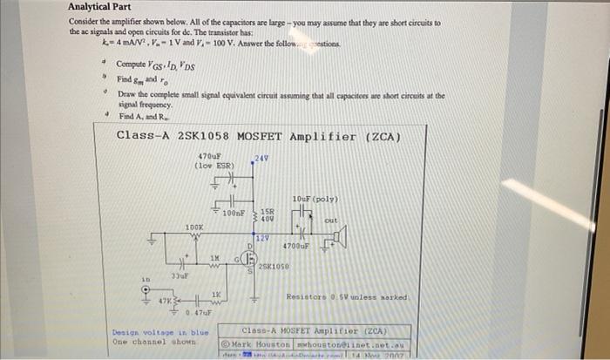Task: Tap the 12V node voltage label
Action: [x=262, y=237]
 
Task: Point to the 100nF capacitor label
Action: [x=233, y=213]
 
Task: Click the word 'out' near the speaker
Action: [x=330, y=221]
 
